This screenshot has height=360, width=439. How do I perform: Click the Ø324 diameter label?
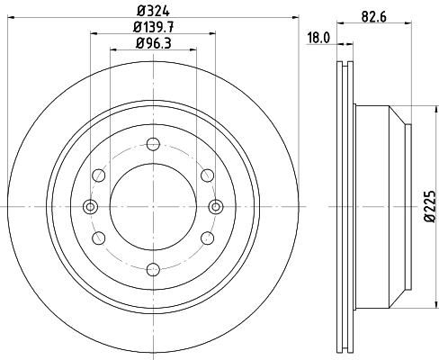[152, 12]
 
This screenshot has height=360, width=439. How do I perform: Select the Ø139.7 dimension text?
[152, 28]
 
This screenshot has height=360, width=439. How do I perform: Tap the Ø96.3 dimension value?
[152, 43]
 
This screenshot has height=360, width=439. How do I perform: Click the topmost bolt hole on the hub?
[152, 143]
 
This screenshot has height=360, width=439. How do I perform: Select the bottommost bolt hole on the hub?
[152, 268]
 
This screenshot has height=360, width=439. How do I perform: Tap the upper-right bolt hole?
[207, 175]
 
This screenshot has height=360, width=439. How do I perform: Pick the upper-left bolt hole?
[97, 175]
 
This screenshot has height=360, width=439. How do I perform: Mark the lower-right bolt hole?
[207, 237]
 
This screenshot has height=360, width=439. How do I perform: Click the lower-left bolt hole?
[97, 237]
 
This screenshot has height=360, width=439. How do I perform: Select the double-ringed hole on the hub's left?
[89, 206]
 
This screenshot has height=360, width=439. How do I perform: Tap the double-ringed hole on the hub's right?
[215, 206]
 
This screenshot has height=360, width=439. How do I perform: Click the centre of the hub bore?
[152, 206]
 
